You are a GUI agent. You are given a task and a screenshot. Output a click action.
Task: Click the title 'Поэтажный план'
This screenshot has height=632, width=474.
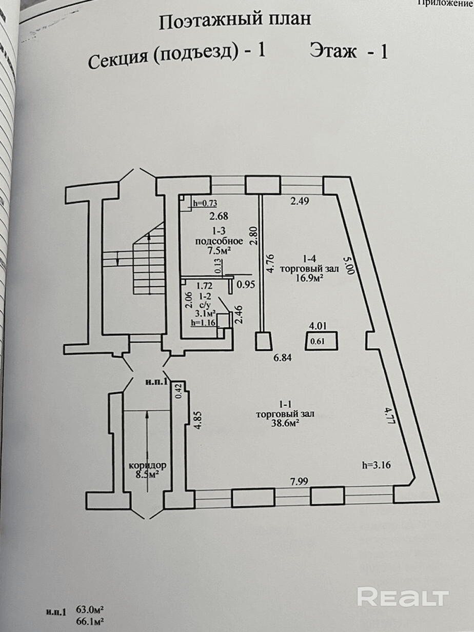[235, 21]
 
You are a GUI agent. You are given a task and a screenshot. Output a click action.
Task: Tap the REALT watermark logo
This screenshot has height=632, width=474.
[403, 597]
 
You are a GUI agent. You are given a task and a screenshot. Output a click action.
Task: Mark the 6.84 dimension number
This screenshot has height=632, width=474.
[282, 358]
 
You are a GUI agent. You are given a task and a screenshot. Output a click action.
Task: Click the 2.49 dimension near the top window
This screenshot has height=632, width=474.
[301, 202]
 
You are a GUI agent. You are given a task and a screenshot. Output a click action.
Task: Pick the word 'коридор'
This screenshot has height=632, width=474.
[148, 465]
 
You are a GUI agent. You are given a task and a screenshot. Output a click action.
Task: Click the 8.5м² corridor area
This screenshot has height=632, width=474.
[147, 475]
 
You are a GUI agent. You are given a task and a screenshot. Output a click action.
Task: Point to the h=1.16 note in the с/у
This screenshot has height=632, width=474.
[202, 323]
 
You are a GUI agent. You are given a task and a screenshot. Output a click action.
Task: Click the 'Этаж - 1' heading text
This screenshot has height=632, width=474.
[348, 52]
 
